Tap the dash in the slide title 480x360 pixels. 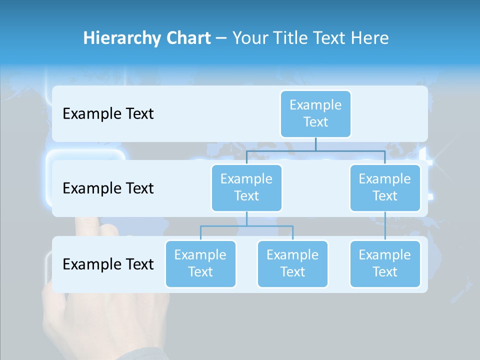(x=221, y=38)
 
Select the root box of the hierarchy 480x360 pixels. (x=315, y=113)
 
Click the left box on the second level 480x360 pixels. (x=246, y=187)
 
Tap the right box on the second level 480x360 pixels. (x=385, y=187)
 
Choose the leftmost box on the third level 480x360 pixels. (x=200, y=263)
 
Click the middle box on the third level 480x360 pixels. (x=292, y=263)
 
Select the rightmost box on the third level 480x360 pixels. (x=385, y=263)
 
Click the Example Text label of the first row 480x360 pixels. (x=108, y=113)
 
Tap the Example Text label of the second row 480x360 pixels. (x=108, y=188)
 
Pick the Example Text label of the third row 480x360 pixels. (x=108, y=264)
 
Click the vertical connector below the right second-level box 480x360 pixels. (x=385, y=226)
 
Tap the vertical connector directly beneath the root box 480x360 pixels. (x=315, y=144)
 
